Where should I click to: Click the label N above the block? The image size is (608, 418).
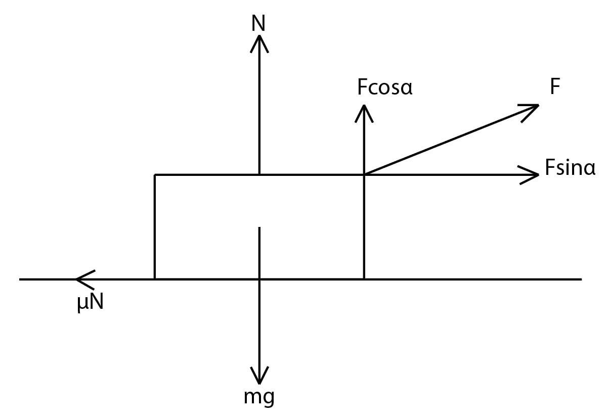point(259,23)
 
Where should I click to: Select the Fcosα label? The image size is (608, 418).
point(384,88)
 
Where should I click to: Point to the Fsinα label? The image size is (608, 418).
point(570,168)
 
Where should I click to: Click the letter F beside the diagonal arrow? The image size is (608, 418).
point(555,87)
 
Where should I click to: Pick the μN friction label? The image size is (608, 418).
point(91,303)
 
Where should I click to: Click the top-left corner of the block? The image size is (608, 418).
point(155,175)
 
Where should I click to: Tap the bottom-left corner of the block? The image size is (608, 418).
point(155,278)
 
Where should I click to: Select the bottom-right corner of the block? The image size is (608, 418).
point(363,278)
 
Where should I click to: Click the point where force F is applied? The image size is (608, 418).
point(363,175)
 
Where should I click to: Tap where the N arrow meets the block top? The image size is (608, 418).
point(259,175)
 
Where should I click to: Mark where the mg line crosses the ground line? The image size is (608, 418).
point(259,278)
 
